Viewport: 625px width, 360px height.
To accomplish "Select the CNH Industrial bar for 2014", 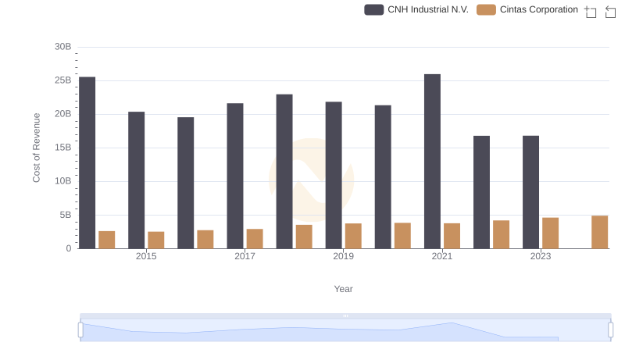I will [x=87, y=162].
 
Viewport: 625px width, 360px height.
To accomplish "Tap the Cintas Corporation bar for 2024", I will [x=599, y=232].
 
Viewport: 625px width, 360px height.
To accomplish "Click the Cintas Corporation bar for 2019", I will [x=353, y=236].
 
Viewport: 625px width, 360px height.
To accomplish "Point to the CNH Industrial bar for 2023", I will [x=530, y=192].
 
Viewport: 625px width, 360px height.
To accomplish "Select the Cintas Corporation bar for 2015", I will [x=156, y=240].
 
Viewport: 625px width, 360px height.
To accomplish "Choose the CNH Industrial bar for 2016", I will [x=186, y=183].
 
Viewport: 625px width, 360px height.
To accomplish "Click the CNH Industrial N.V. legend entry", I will [x=416, y=9].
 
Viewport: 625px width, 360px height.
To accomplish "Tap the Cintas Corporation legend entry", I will [x=527, y=9].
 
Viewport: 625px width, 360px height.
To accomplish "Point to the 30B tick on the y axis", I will [x=62, y=47].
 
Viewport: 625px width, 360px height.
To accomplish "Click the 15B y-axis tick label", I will [x=62, y=148].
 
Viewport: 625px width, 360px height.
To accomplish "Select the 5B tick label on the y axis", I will [x=65, y=215].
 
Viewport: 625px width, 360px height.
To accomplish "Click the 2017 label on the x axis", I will [x=245, y=256].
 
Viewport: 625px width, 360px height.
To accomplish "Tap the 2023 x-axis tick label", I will [x=541, y=256].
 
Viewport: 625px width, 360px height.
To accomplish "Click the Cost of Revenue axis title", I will [x=36, y=148].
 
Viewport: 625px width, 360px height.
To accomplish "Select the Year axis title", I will [x=344, y=289].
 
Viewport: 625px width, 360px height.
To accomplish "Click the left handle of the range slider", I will [x=80, y=330].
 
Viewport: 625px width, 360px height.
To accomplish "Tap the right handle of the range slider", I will [x=610, y=330].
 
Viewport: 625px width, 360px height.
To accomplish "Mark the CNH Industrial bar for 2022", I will [x=481, y=192].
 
